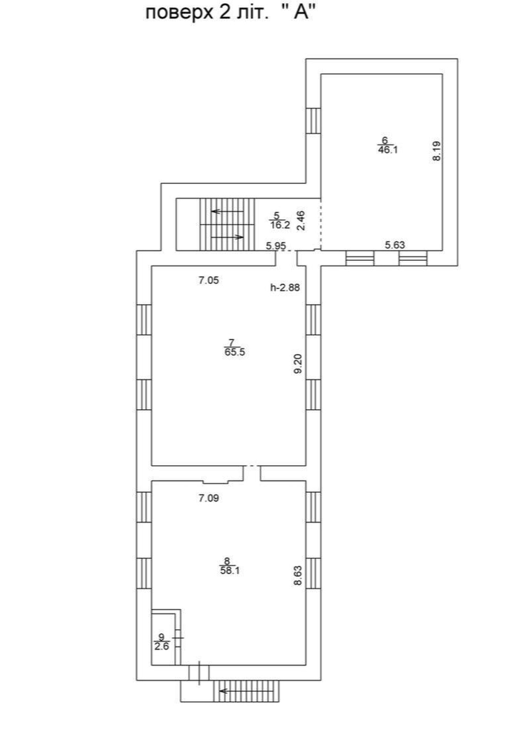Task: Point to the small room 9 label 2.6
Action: [162, 646]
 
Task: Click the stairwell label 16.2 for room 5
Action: [280, 225]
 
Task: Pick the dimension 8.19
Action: [437, 150]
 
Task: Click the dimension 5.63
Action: [395, 245]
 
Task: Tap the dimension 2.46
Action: [301, 221]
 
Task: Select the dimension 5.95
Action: [276, 246]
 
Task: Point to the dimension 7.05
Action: [209, 280]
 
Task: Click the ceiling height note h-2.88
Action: [285, 287]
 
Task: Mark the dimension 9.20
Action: [299, 364]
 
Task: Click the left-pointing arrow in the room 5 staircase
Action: [228, 211]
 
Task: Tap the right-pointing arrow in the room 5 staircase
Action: [228, 237]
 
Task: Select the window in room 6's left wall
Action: [313, 121]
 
